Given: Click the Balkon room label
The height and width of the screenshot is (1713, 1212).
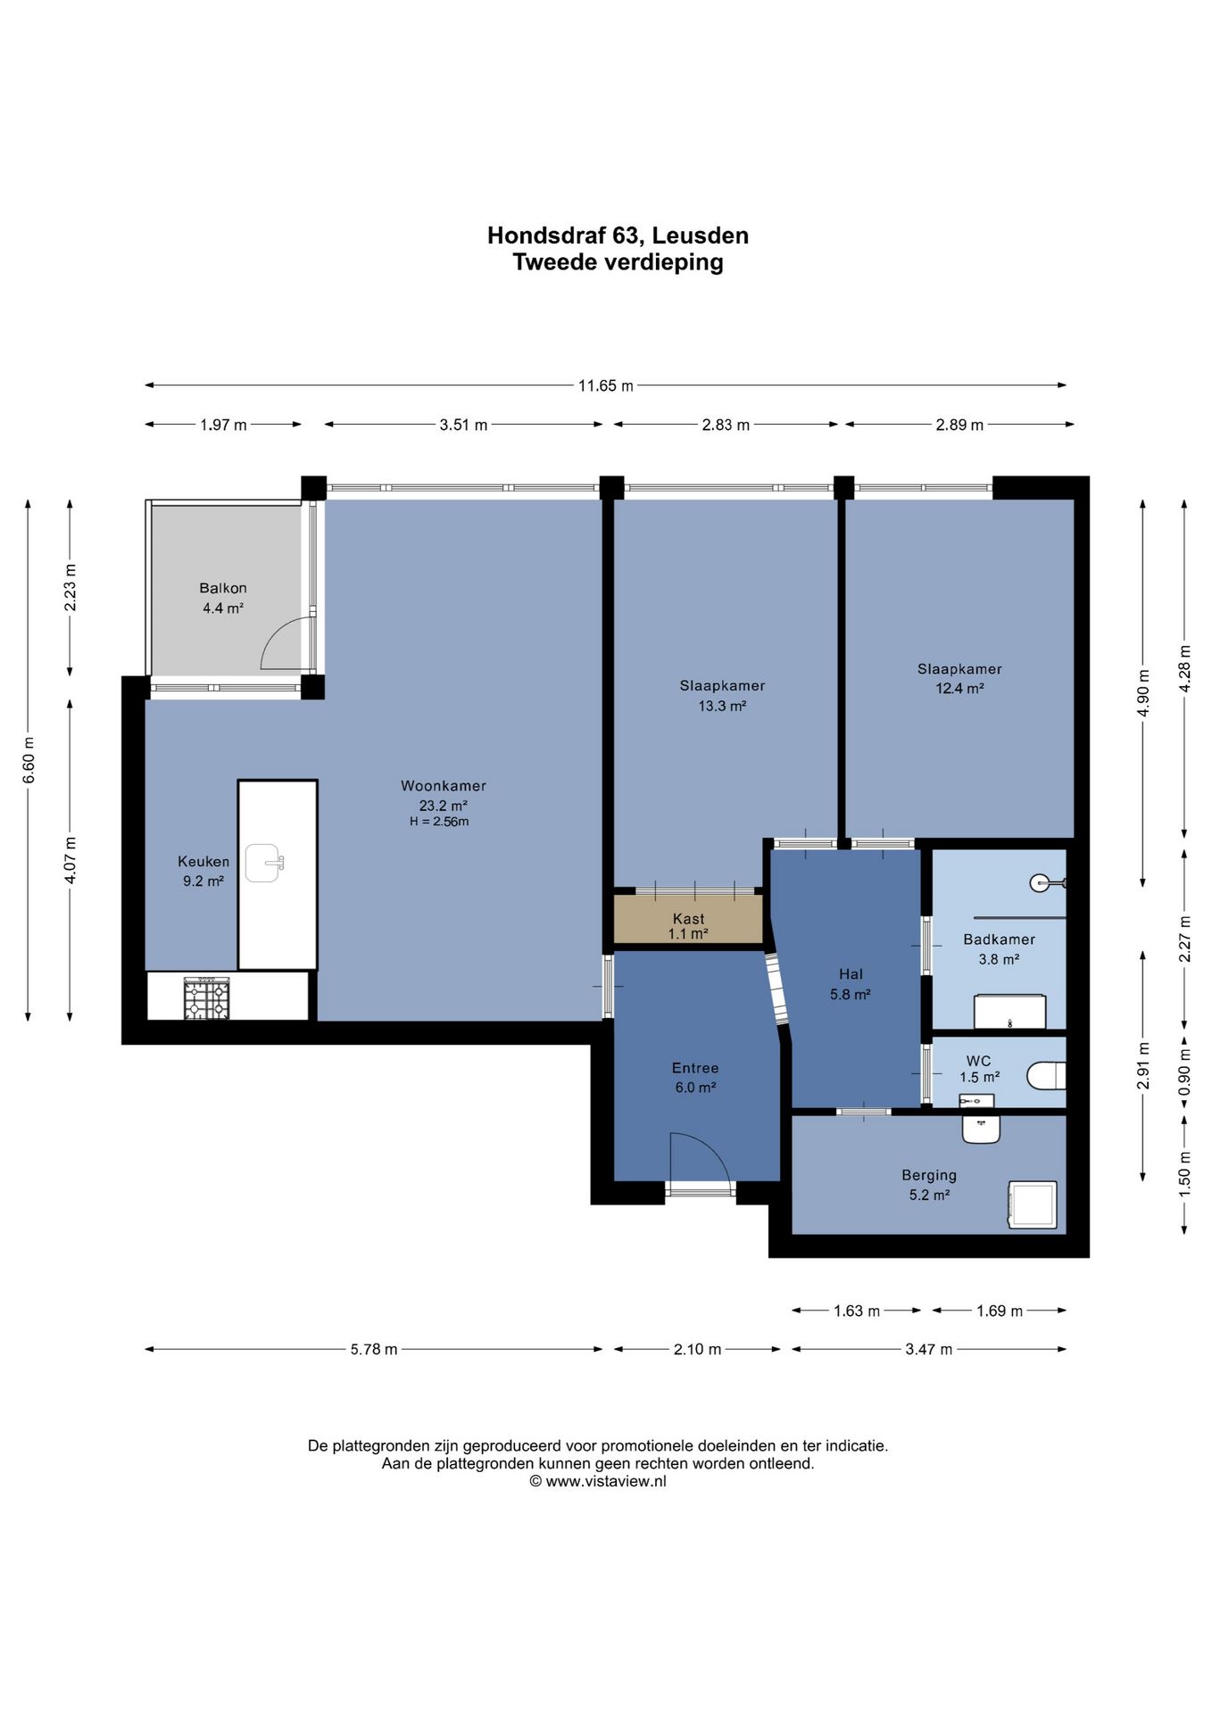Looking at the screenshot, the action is pyautogui.click(x=223, y=588).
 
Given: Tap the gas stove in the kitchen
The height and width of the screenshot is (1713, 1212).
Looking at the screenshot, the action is pyautogui.click(x=207, y=998).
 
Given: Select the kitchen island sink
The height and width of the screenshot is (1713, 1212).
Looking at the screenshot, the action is pyautogui.click(x=264, y=863).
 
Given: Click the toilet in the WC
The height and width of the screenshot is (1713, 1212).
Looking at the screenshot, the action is pyautogui.click(x=1047, y=1075).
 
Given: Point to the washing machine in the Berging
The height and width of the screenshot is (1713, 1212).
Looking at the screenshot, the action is pyautogui.click(x=1033, y=1204).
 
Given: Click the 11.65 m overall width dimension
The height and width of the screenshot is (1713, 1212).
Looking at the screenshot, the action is pyautogui.click(x=606, y=386).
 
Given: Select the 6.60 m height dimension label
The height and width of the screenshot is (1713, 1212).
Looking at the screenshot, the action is pyautogui.click(x=29, y=760).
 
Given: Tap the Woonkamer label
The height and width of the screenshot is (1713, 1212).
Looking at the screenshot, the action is pyautogui.click(x=444, y=786).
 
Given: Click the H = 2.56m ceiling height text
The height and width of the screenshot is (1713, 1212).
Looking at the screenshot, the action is pyautogui.click(x=439, y=822).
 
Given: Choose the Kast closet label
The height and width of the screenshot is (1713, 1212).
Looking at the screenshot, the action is pyautogui.click(x=688, y=919).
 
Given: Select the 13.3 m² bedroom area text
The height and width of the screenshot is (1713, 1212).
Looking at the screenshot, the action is pyautogui.click(x=722, y=706).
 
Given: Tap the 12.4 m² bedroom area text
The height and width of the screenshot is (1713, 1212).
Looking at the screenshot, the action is pyautogui.click(x=959, y=689).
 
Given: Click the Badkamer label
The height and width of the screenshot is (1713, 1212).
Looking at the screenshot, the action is pyautogui.click(x=999, y=939).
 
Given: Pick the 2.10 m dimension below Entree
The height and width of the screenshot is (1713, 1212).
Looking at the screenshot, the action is pyautogui.click(x=697, y=1350).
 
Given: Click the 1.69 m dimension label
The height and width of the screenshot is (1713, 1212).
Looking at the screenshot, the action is pyautogui.click(x=1000, y=1311).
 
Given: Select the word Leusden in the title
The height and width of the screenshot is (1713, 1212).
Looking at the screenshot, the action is pyautogui.click(x=701, y=236).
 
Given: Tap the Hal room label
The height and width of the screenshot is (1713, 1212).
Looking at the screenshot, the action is pyautogui.click(x=851, y=974).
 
